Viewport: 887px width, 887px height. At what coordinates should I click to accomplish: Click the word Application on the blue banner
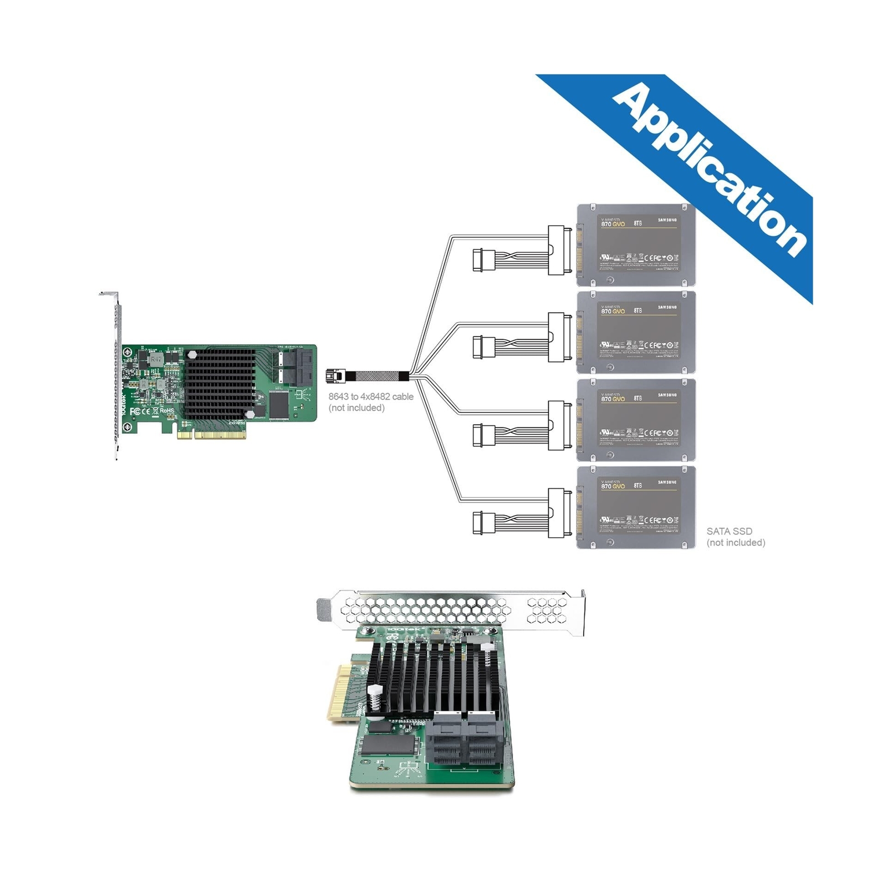pos(710,169)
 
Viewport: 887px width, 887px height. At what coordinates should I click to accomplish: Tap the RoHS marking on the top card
pos(166,411)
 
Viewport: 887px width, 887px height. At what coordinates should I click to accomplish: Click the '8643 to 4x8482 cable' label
pos(371,397)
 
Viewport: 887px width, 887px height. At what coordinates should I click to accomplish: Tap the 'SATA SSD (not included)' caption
pos(735,537)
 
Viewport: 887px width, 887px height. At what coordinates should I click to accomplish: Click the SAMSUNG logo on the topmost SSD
pos(667,220)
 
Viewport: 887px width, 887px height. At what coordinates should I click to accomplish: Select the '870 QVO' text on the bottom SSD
pos(613,486)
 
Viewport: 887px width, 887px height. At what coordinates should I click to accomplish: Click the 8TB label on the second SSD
pos(638,310)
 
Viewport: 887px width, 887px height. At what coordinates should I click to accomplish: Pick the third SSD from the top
pos(636,420)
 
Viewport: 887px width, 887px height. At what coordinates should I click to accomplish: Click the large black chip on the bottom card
pos(388,745)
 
